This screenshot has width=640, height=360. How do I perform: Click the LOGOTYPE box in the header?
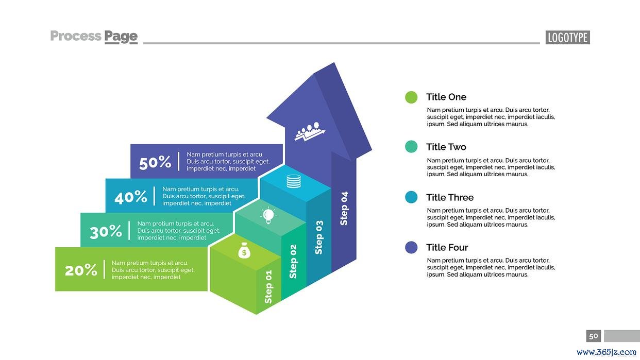[x=567, y=38]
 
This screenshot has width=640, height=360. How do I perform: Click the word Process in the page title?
[x=76, y=36]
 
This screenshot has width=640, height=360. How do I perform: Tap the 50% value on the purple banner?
[x=155, y=162]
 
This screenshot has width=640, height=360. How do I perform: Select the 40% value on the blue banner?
[x=131, y=197]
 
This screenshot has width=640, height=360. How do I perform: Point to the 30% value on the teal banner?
[x=106, y=232]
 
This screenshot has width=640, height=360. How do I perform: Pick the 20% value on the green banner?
[x=81, y=270]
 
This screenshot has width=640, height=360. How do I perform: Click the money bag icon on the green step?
[x=244, y=250]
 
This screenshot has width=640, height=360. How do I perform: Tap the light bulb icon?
[x=268, y=215]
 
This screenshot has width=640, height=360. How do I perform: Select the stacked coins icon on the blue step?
[x=294, y=181]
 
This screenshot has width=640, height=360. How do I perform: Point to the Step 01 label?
[x=268, y=287]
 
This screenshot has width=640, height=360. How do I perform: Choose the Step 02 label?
[x=293, y=261]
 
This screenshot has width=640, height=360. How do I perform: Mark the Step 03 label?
[x=319, y=237]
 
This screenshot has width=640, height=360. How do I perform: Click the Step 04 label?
[x=344, y=209]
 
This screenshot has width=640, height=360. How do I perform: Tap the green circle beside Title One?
[x=411, y=97]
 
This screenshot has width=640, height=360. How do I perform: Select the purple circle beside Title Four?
[x=411, y=247]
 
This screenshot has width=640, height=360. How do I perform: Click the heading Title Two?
[x=446, y=147]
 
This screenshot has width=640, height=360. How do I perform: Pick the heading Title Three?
[x=450, y=197]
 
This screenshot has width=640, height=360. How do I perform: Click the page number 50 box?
[x=594, y=336]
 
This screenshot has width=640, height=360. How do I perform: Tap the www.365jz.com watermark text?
[x=607, y=352]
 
